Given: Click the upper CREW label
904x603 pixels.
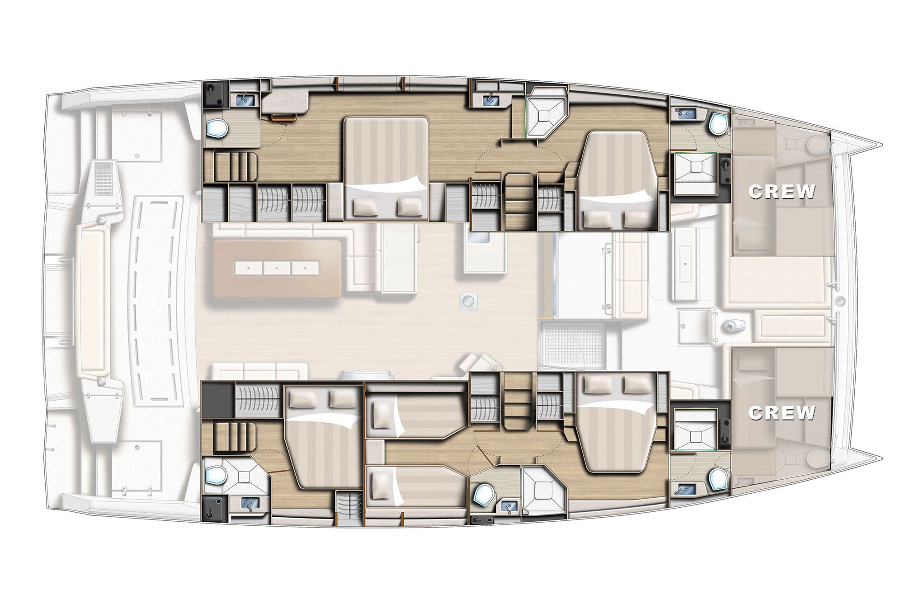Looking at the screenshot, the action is click(x=782, y=192).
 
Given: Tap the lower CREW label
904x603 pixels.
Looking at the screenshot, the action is click(x=782, y=412).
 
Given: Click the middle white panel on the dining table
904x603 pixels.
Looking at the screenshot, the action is click(x=277, y=268).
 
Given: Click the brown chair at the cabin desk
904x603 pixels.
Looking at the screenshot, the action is click(x=282, y=117).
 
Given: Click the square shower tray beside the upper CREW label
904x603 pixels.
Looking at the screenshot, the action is click(x=695, y=173).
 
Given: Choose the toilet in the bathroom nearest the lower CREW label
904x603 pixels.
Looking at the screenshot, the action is click(x=717, y=479).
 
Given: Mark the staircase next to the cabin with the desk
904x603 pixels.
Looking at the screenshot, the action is click(x=231, y=167).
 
